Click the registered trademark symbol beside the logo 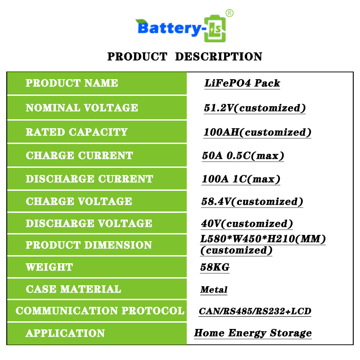pyautogui.click(x=229, y=13)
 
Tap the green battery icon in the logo pyautogui.click(x=215, y=28)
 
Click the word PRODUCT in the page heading pyautogui.click(x=137, y=57)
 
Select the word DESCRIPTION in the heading pyautogui.click(x=219, y=57)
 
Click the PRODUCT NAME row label pyautogui.click(x=72, y=83)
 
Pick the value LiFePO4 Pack pyautogui.click(x=242, y=83)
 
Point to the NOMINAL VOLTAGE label pyautogui.click(x=82, y=108)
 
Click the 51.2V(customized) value pyautogui.click(x=255, y=108)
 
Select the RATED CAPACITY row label pyautogui.click(x=76, y=132)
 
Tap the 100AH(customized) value pyautogui.click(x=257, y=132)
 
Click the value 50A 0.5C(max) pyautogui.click(x=243, y=156)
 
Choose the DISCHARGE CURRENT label pyautogui.click(x=89, y=179)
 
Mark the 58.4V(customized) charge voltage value pyautogui.click(x=252, y=202)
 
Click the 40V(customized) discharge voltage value pyautogui.click(x=247, y=224)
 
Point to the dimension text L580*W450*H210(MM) pyautogui.click(x=263, y=239)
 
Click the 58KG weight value pyautogui.click(x=215, y=267)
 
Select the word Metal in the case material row pyautogui.click(x=214, y=289)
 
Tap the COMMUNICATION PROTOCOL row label pyautogui.click(x=100, y=310)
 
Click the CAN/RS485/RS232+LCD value pyautogui.click(x=255, y=311)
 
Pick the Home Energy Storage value pyautogui.click(x=253, y=333)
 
